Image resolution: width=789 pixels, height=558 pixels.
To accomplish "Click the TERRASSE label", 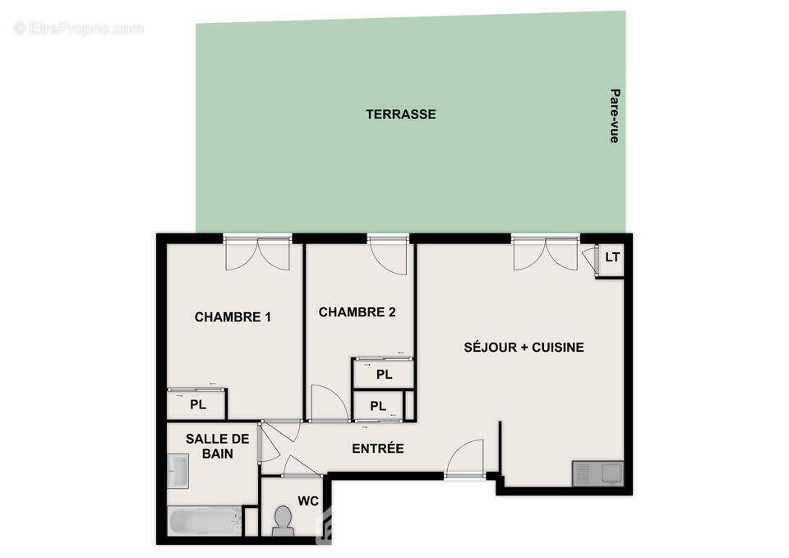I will click(x=401, y=115).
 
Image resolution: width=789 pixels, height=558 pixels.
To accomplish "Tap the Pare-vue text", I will click(x=614, y=116).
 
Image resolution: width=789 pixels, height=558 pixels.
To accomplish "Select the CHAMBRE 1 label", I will click(x=233, y=317).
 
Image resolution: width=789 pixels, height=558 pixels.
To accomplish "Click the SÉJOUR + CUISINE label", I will click(x=524, y=348).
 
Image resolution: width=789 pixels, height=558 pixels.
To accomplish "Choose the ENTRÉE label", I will click(x=378, y=449).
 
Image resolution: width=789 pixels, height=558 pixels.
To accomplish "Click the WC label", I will click(x=308, y=500).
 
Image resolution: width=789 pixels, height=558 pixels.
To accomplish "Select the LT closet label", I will click(x=612, y=257).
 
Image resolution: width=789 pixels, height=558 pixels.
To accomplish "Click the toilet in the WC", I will click(x=283, y=520).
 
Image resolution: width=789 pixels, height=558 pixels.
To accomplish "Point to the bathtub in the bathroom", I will click(x=205, y=521).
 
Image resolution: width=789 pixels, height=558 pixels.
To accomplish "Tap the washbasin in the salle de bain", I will click(x=178, y=472).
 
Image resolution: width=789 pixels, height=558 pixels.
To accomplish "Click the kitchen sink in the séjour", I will click(x=598, y=473).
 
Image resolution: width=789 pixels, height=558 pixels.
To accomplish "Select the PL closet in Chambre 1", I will click(x=197, y=404).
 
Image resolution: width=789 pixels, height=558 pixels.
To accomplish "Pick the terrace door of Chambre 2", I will click(x=388, y=256).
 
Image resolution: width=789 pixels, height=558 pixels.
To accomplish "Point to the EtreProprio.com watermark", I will click(x=79, y=29).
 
